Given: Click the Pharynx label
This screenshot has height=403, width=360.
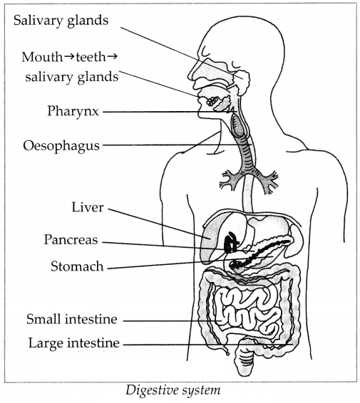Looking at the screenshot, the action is click(x=73, y=112).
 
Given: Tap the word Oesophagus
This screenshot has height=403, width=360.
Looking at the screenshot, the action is click(x=61, y=146).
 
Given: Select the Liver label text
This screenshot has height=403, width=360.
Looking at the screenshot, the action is click(x=88, y=207).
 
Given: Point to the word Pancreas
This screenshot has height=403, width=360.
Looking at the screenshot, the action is click(x=71, y=239).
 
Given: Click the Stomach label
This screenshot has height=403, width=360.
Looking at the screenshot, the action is click(x=77, y=266).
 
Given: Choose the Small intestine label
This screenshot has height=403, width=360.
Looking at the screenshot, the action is click(x=72, y=319).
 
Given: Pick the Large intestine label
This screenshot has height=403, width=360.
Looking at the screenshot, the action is click(x=74, y=343).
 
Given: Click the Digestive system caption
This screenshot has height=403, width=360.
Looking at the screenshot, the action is click(x=173, y=390).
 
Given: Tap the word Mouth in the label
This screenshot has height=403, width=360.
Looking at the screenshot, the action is click(x=42, y=57).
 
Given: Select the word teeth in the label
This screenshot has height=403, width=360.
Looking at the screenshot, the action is click(x=91, y=57).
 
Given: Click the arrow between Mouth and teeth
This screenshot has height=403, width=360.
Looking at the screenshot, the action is click(x=69, y=56).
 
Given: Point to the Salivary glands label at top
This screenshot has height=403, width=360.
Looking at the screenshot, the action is click(x=61, y=21).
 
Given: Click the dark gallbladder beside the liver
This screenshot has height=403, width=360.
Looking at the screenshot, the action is click(x=230, y=243).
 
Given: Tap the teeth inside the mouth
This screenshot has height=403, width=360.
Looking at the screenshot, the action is click(x=212, y=102).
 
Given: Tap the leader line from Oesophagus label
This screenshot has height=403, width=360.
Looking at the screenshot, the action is click(x=177, y=145).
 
